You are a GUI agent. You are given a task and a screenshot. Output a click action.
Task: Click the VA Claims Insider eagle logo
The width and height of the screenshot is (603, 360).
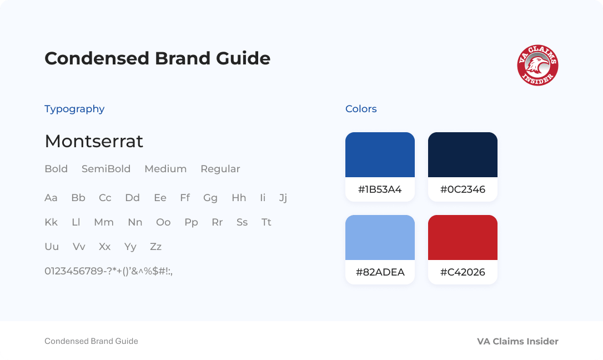(x=537, y=65)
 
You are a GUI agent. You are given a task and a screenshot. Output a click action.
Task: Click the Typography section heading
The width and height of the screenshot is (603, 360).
(x=74, y=109)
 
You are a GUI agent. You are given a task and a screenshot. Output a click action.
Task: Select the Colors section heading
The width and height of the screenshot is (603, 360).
(x=361, y=109)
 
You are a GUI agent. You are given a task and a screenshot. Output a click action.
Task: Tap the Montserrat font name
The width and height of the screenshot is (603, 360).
(x=94, y=141)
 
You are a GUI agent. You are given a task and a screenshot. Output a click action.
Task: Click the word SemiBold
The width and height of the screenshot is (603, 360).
(x=106, y=169)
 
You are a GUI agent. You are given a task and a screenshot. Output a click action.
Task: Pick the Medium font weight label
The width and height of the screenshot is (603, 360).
(x=165, y=169)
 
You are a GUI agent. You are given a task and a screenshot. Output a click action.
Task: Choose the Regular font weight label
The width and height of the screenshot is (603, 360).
(x=220, y=169)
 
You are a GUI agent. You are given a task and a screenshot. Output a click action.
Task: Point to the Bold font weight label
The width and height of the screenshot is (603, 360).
(x=56, y=169)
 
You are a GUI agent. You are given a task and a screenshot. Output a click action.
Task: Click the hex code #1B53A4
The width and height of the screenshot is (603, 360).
(x=380, y=189)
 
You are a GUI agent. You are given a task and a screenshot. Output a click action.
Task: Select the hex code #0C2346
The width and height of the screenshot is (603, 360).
(x=463, y=189)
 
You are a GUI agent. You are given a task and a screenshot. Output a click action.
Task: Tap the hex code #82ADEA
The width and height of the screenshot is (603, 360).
(x=380, y=272)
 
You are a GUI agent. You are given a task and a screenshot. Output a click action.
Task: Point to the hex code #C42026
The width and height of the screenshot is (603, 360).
(x=463, y=272)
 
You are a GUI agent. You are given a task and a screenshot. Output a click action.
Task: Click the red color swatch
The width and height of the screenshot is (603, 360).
(x=463, y=237)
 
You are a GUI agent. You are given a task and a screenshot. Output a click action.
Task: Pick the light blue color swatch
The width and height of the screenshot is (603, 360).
(x=380, y=237)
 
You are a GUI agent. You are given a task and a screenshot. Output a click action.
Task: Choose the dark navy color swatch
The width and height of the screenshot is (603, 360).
(x=463, y=154)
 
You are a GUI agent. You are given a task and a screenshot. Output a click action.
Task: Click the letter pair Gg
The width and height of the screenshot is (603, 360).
(x=210, y=198)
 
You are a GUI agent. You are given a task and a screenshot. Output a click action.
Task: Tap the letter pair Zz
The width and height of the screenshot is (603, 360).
(x=156, y=247)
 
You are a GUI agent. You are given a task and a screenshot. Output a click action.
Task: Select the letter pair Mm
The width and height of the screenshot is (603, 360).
(x=104, y=222)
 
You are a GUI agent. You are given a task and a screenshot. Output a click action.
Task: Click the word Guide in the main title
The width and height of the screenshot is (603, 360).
(x=243, y=58)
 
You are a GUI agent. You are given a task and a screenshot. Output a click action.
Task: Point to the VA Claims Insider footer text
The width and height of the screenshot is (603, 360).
(x=517, y=342)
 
